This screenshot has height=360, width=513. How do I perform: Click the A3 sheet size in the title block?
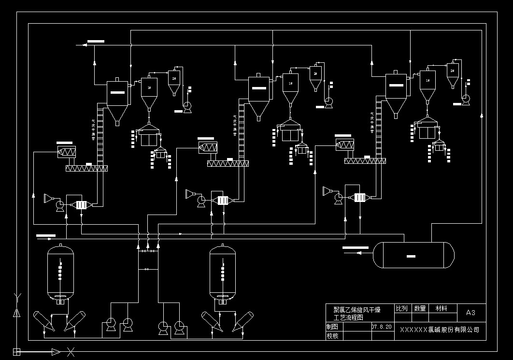click(x=470, y=313)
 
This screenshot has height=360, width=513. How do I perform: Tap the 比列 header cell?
click(x=402, y=308)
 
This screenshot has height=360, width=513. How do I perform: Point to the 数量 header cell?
click(x=420, y=308)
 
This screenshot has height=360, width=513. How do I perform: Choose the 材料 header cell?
click(x=441, y=308)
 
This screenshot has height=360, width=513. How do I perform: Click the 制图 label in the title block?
click(x=332, y=327)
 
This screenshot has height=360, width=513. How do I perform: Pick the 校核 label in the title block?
click(x=332, y=335)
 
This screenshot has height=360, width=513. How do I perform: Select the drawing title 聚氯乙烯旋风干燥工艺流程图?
click(x=357, y=313)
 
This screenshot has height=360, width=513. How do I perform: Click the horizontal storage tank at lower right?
click(x=414, y=255)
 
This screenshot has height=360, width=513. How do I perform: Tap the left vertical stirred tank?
click(x=60, y=273)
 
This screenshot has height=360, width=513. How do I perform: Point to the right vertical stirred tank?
click(x=223, y=273)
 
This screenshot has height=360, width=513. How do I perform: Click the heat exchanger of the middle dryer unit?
click(x=223, y=200)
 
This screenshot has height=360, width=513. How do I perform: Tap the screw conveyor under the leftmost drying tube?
click(x=86, y=168)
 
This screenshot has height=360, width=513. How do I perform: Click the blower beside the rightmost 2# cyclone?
click(x=466, y=99)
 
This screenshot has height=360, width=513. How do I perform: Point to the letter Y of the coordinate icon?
click(x=18, y=296)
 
